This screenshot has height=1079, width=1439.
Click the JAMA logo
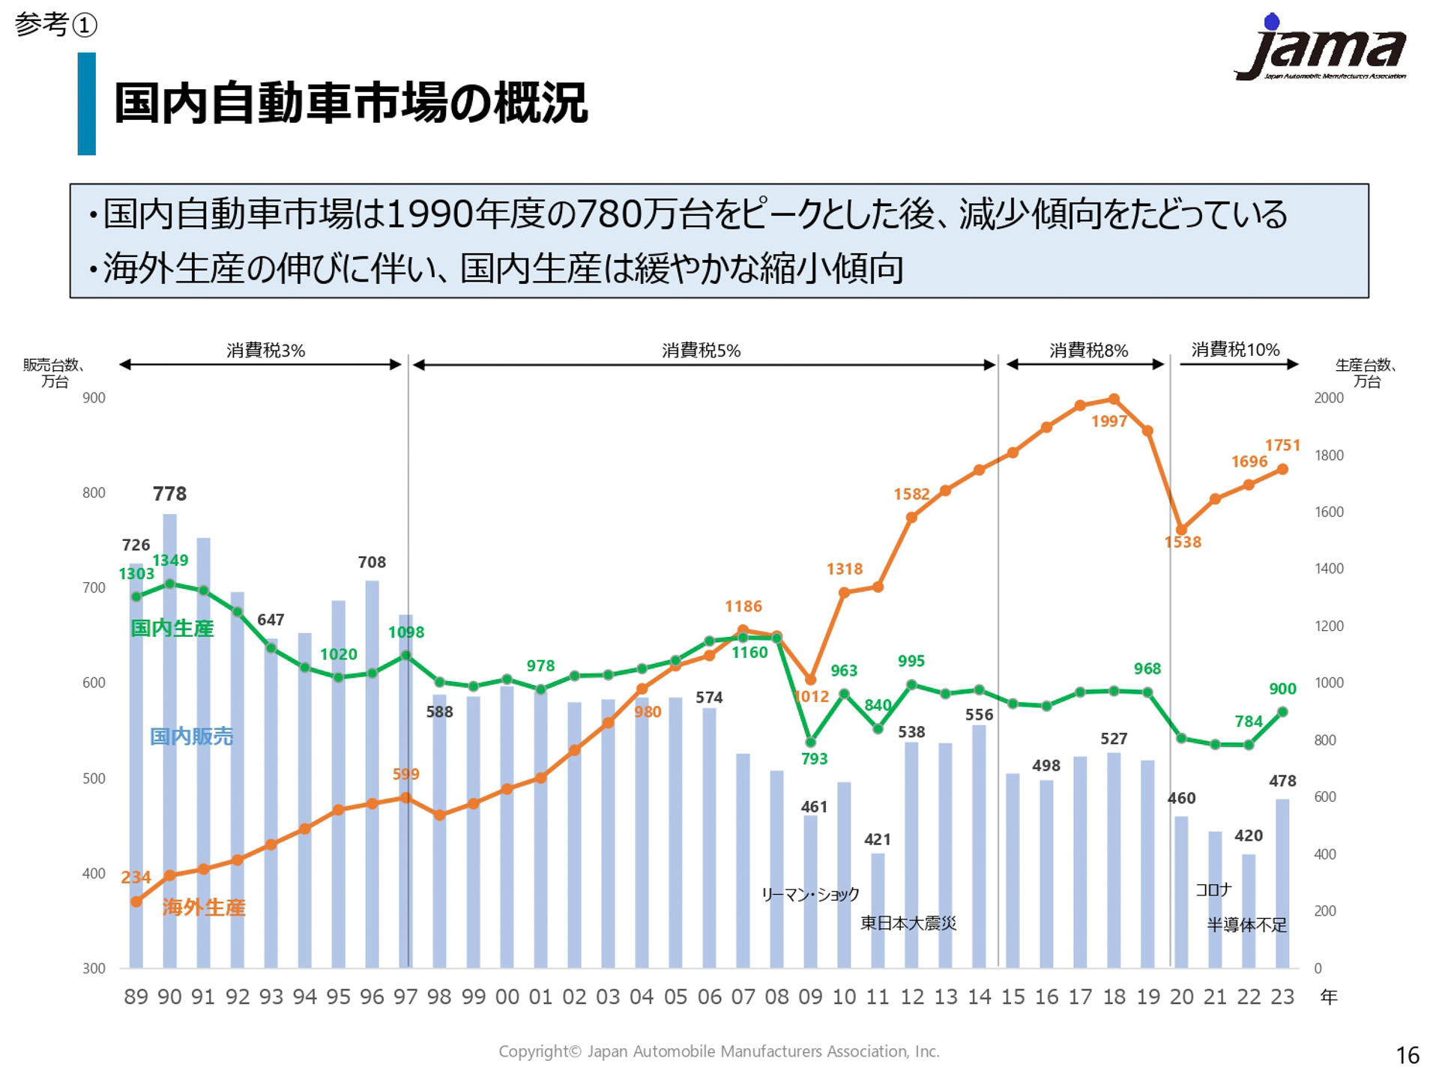pyautogui.click(x=1321, y=49)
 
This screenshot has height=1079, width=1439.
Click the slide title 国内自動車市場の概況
pyautogui.click(x=350, y=103)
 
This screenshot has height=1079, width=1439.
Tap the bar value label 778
pyautogui.click(x=169, y=494)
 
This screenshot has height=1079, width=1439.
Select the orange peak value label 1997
pyautogui.click(x=1109, y=421)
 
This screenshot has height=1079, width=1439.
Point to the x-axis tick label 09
pyautogui.click(x=810, y=997)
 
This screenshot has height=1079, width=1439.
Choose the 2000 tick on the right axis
pyautogui.click(x=1328, y=398)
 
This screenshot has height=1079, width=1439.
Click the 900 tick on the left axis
pyautogui.click(x=94, y=398)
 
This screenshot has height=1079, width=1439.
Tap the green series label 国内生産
pyautogui.click(x=172, y=628)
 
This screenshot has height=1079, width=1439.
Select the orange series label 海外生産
pyautogui.click(x=204, y=907)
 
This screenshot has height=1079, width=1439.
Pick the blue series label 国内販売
pyautogui.click(x=191, y=737)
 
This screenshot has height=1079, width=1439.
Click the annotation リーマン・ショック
pyautogui.click(x=810, y=894)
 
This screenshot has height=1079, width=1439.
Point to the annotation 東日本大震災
pyautogui.click(x=908, y=923)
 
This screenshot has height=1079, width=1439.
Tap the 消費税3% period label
pyautogui.click(x=266, y=351)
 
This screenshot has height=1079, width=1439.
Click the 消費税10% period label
pyautogui.click(x=1235, y=350)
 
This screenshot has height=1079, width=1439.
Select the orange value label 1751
pyautogui.click(x=1282, y=445)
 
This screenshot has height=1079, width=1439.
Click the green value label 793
pyautogui.click(x=814, y=758)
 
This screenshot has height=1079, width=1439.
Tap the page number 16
pyautogui.click(x=1408, y=1055)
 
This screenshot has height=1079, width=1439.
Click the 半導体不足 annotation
pyautogui.click(x=1246, y=925)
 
